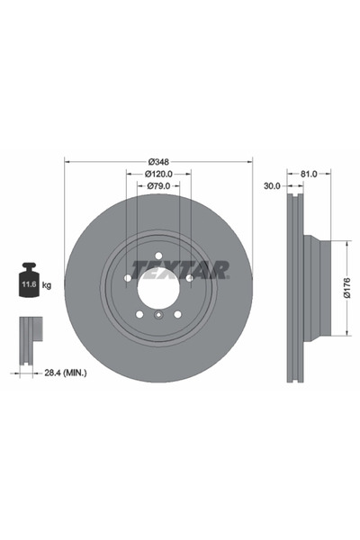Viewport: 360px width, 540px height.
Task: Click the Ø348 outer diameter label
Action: pyautogui.click(x=158, y=162)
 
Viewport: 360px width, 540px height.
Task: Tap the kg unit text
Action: pyautogui.click(x=47, y=284)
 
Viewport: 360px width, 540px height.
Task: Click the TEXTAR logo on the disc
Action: pyautogui.click(x=180, y=269)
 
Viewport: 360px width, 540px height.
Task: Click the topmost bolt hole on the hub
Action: pyautogui.click(x=158, y=255)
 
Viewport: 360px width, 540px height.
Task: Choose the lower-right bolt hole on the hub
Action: pyautogui.click(x=179, y=314)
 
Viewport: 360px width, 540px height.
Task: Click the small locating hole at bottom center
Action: pyautogui.click(x=158, y=316)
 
